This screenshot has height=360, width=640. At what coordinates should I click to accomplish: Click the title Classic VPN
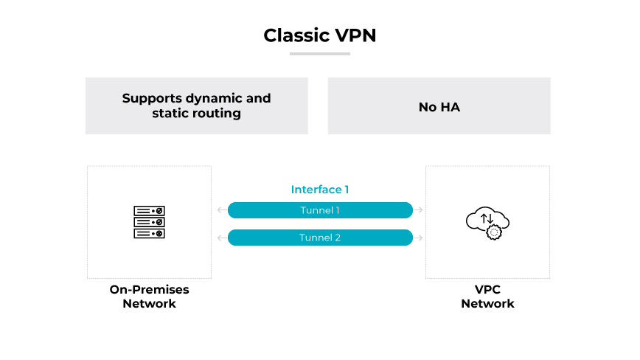coord(320,35)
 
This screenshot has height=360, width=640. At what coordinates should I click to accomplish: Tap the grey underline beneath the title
coord(319,53)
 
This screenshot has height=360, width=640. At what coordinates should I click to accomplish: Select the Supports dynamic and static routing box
coord(196,105)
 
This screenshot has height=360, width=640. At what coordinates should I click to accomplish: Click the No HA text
coord(439,107)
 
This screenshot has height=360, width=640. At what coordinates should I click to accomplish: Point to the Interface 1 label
coord(320,190)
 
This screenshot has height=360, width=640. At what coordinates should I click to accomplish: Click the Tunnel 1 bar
coord(320,210)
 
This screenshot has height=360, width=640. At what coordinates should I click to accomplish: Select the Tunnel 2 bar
coord(320,238)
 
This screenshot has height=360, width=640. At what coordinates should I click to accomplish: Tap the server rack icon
coord(149,221)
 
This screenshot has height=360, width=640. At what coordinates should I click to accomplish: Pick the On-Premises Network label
coord(149,297)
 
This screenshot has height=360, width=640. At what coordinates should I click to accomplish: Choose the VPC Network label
coord(487,297)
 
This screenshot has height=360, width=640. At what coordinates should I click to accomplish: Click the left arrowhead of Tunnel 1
coord(220,210)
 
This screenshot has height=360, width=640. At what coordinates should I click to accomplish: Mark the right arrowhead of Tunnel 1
coord(420,210)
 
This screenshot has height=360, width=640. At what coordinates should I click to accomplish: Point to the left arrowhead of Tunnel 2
coord(220,238)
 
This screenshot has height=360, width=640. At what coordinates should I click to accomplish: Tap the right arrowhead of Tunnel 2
coord(420,238)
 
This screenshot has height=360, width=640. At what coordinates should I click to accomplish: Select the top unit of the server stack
coord(149,210)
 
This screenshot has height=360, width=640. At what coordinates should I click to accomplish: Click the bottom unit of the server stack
coord(149,233)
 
